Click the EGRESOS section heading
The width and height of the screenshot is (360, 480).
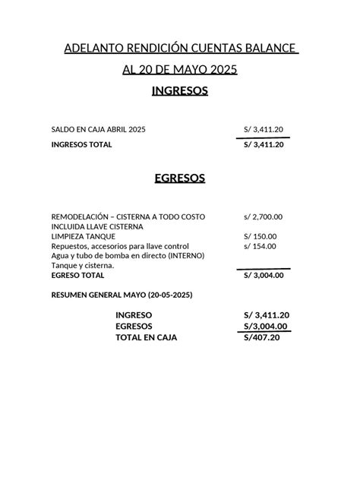coord(180,178)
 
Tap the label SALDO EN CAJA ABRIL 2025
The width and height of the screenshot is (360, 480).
coord(98,130)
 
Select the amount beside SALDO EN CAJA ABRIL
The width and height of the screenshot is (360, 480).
coord(263,130)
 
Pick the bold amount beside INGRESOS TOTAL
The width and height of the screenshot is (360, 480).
coord(263,144)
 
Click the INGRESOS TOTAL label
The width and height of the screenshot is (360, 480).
coord(81,144)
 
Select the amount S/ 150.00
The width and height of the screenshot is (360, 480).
coord(261,236)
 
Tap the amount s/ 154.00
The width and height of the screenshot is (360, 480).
coord(261,246)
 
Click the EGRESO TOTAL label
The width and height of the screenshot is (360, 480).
coord(77,276)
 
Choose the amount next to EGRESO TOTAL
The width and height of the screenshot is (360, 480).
coord(263,276)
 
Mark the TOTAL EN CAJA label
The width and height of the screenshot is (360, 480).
coord(146,337)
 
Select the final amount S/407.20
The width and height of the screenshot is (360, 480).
coord(262,337)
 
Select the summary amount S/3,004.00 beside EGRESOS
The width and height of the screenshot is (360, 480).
coord(265,326)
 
